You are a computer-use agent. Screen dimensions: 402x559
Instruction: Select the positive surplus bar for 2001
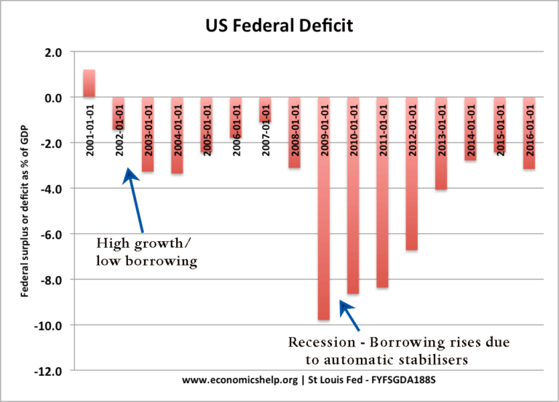point(89,83)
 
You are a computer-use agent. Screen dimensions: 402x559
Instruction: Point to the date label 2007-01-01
point(265,123)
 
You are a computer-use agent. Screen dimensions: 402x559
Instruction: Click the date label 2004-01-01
point(177,123)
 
